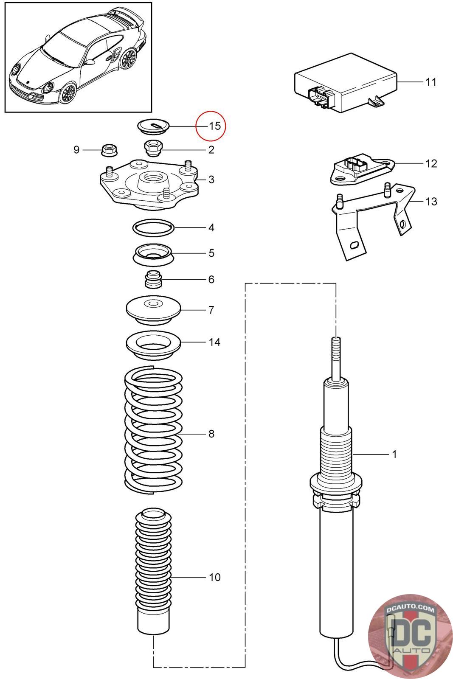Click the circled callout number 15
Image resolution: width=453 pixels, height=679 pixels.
click(x=215, y=126)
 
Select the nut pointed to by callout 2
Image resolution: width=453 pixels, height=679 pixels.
click(x=153, y=148)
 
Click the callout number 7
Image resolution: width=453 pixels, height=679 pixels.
click(x=211, y=310)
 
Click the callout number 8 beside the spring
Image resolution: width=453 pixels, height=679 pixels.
click(x=211, y=434)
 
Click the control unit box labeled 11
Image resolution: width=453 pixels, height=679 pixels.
click(x=346, y=82)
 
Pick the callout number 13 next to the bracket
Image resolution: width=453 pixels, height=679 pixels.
click(x=431, y=201)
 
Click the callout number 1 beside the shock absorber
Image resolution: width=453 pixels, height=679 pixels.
click(x=394, y=454)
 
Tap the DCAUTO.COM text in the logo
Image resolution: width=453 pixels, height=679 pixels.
click(x=410, y=609)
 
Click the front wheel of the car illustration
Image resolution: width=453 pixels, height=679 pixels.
click(x=68, y=93)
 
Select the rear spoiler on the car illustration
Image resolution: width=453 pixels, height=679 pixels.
click(x=127, y=19)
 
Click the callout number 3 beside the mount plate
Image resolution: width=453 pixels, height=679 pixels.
click(x=211, y=180)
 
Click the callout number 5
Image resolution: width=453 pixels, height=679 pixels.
click(x=211, y=253)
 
